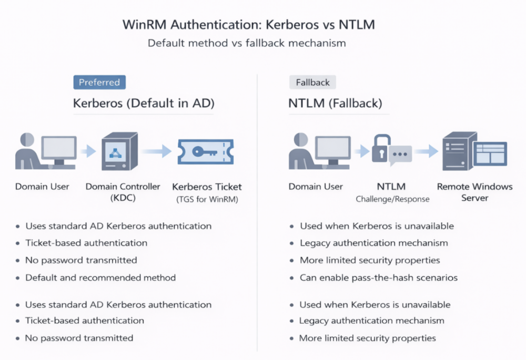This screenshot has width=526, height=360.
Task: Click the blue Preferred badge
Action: pyautogui.click(x=99, y=83)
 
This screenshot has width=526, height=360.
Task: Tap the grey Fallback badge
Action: pyautogui.click(x=312, y=83)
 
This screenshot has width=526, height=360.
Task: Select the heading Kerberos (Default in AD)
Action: pyautogui.click(x=144, y=104)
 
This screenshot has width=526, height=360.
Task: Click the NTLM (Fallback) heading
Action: pyautogui.click(x=335, y=104)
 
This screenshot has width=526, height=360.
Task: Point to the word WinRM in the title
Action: pyautogui.click(x=141, y=25)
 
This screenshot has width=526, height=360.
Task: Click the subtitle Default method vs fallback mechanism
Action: pyautogui.click(x=247, y=43)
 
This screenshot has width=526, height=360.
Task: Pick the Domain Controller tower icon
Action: pyautogui.click(x=119, y=151)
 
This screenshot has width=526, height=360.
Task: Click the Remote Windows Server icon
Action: pyautogui.click(x=474, y=151)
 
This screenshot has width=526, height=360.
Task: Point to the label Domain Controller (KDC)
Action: pyautogui.click(x=123, y=192)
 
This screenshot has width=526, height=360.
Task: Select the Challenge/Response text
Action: pyautogui.click(x=392, y=199)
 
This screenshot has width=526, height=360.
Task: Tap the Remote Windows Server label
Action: pyautogui.click(x=474, y=192)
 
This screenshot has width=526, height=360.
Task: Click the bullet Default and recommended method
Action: pyautogui.click(x=100, y=277)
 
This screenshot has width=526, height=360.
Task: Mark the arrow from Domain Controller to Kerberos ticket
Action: pyautogui.click(x=156, y=151)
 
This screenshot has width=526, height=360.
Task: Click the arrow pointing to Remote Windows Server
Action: pyautogui.click(x=426, y=151)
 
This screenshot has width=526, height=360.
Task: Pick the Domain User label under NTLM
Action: pyautogui.click(x=316, y=187)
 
